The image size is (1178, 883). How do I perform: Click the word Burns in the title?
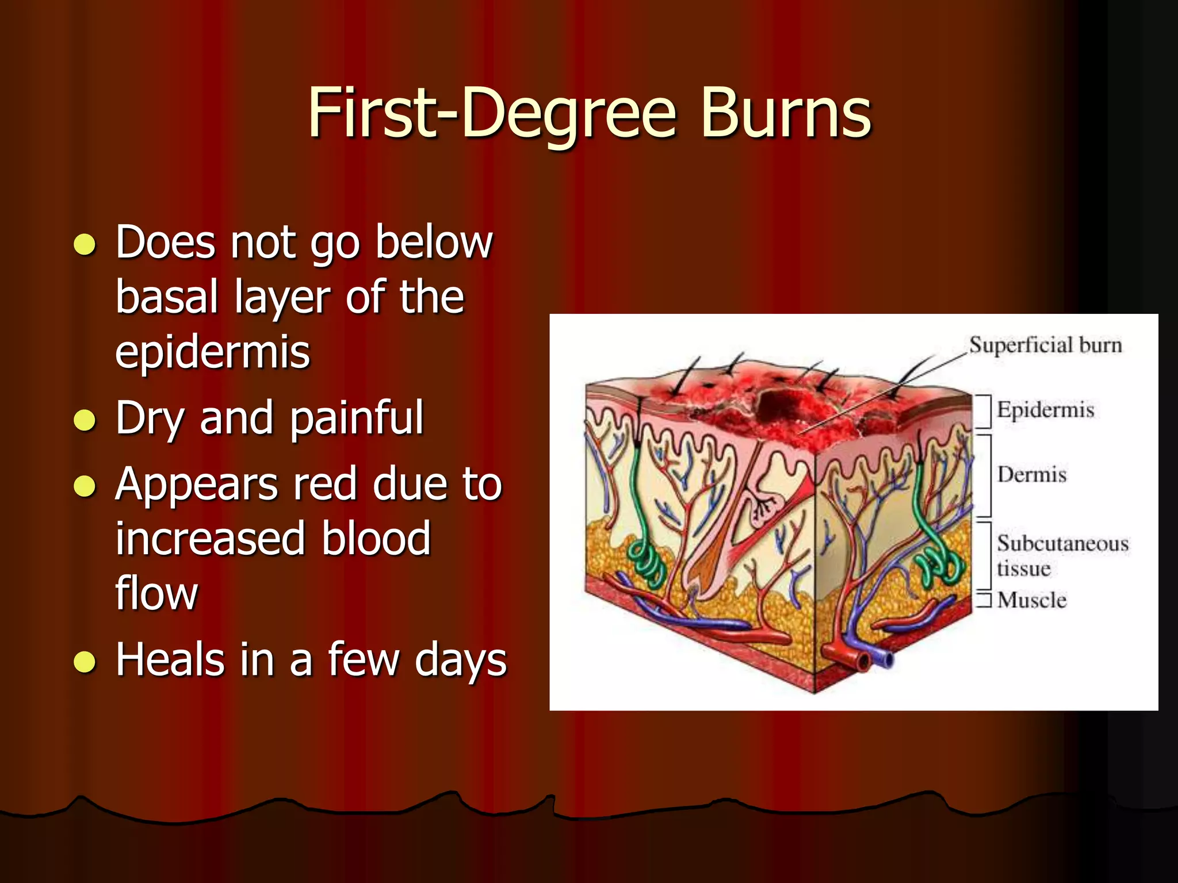[786, 113]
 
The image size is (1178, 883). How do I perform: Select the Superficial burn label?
[1045, 345]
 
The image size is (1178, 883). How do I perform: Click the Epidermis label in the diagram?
[1045, 410]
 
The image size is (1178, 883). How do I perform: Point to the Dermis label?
[1032, 475]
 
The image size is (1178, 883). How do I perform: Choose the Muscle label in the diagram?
[1032, 600]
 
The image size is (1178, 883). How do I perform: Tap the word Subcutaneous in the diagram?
[1062, 543]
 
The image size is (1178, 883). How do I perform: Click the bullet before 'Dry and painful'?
[85, 420]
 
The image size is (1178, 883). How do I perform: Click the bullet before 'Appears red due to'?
[85, 486]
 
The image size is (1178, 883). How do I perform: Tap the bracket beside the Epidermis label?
[985, 411]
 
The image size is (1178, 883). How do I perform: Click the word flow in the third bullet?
[156, 594]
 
